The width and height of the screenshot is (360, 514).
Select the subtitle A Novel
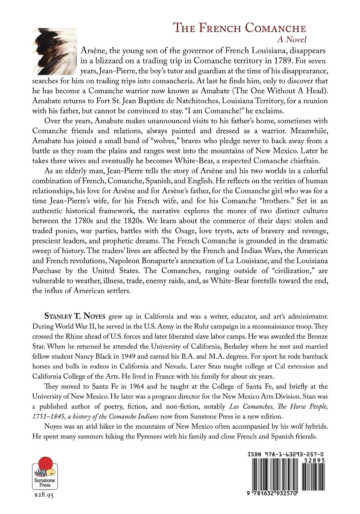coord(291,39)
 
